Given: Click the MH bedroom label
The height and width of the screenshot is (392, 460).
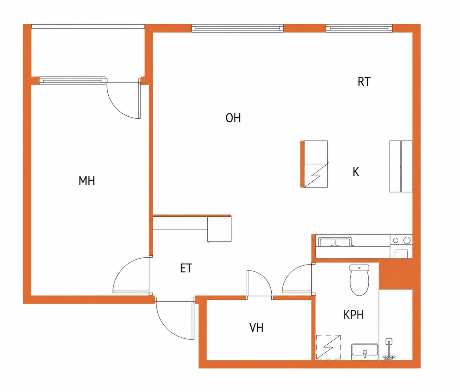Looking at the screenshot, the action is pos(87,181).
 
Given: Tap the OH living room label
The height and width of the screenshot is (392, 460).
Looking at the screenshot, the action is pos(233,118).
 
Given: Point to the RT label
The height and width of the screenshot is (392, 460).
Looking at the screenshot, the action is pos(364,82).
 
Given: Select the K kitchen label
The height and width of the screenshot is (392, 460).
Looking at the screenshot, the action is pos(356,172).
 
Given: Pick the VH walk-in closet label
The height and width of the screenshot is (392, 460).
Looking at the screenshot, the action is pos(256,327).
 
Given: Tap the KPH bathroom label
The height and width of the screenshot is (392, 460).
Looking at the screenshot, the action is pos(354,315).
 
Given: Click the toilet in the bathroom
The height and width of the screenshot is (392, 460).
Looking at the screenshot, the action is pos(359,280).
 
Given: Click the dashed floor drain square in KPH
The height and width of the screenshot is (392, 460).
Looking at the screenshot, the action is pos(328,350).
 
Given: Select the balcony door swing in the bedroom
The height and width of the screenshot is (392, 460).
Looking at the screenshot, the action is pos(124,99).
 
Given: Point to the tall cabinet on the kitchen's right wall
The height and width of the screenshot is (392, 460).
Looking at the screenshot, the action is pos(401,166).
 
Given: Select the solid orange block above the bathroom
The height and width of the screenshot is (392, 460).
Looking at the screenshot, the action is pos(396,274).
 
